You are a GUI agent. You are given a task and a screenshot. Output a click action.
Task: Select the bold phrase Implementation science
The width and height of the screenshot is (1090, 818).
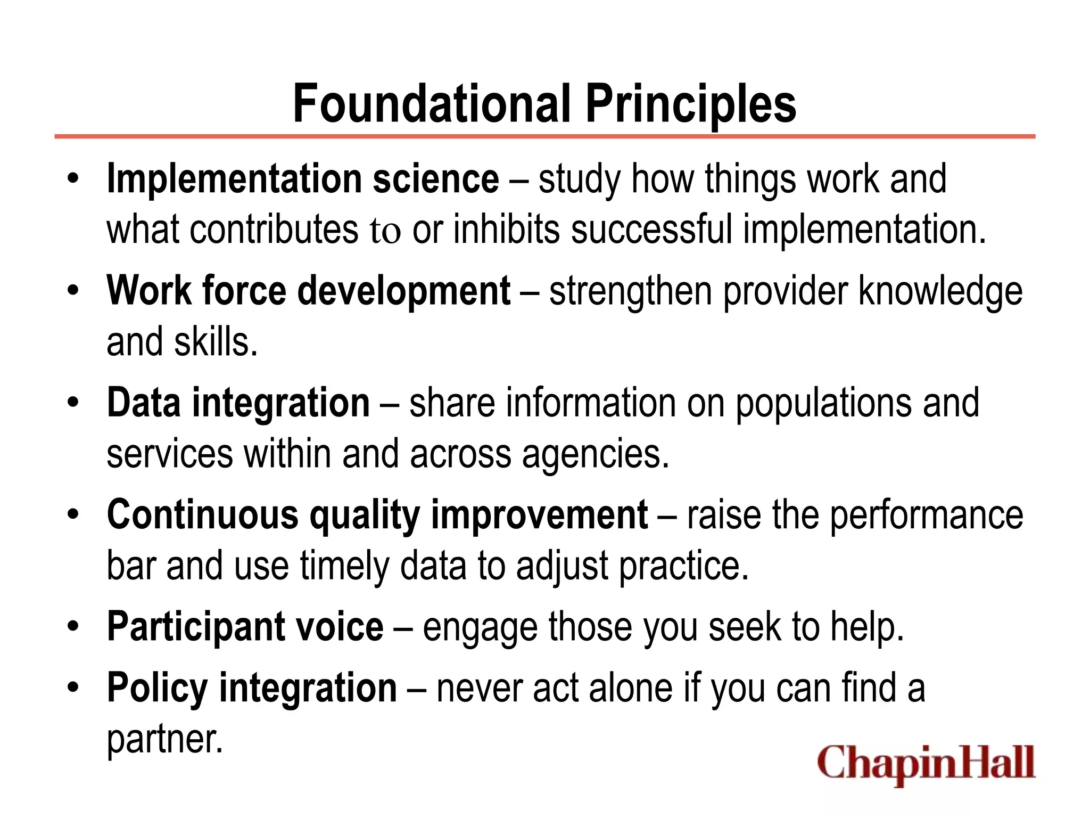[x=303, y=179]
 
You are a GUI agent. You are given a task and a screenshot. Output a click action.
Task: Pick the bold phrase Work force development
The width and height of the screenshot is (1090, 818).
[x=309, y=291]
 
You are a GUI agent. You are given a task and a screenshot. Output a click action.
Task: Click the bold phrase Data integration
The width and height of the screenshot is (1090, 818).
[x=238, y=403]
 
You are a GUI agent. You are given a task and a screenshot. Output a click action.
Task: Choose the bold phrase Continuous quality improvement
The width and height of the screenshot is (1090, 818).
[x=377, y=515]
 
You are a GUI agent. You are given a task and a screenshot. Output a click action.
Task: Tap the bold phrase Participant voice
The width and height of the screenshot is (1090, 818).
[x=245, y=627]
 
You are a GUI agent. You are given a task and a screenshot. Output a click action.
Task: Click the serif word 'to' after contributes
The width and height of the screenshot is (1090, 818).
[x=385, y=231]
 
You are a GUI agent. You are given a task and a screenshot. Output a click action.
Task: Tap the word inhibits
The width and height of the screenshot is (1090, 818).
[x=506, y=230]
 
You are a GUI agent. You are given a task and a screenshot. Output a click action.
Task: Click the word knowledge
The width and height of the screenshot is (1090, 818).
[x=940, y=291]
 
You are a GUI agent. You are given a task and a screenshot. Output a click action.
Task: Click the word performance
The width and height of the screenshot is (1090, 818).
[x=927, y=515]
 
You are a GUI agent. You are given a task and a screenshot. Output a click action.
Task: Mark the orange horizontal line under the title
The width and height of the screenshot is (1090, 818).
[x=544, y=137]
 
